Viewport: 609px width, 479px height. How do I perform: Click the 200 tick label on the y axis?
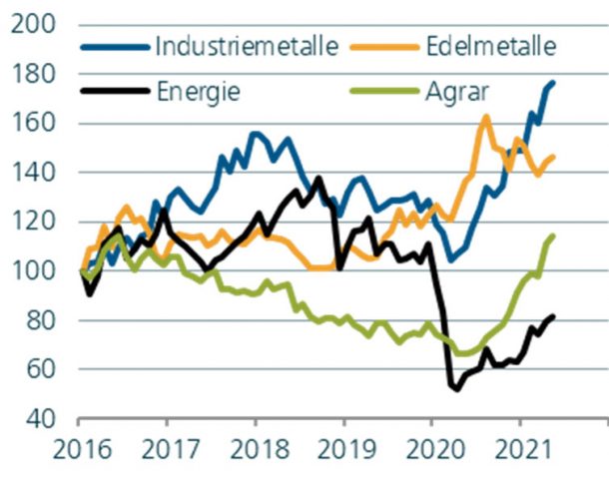(35, 25)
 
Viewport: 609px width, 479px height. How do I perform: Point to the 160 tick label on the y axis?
(35, 124)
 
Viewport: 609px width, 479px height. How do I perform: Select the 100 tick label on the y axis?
(35, 271)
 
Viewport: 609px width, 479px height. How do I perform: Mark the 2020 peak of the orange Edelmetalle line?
(486, 117)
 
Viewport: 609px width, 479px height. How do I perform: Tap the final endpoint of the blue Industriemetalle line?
(553, 82)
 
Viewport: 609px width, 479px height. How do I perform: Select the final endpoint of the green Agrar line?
(553, 236)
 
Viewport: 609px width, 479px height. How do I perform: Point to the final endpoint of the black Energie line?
(553, 316)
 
